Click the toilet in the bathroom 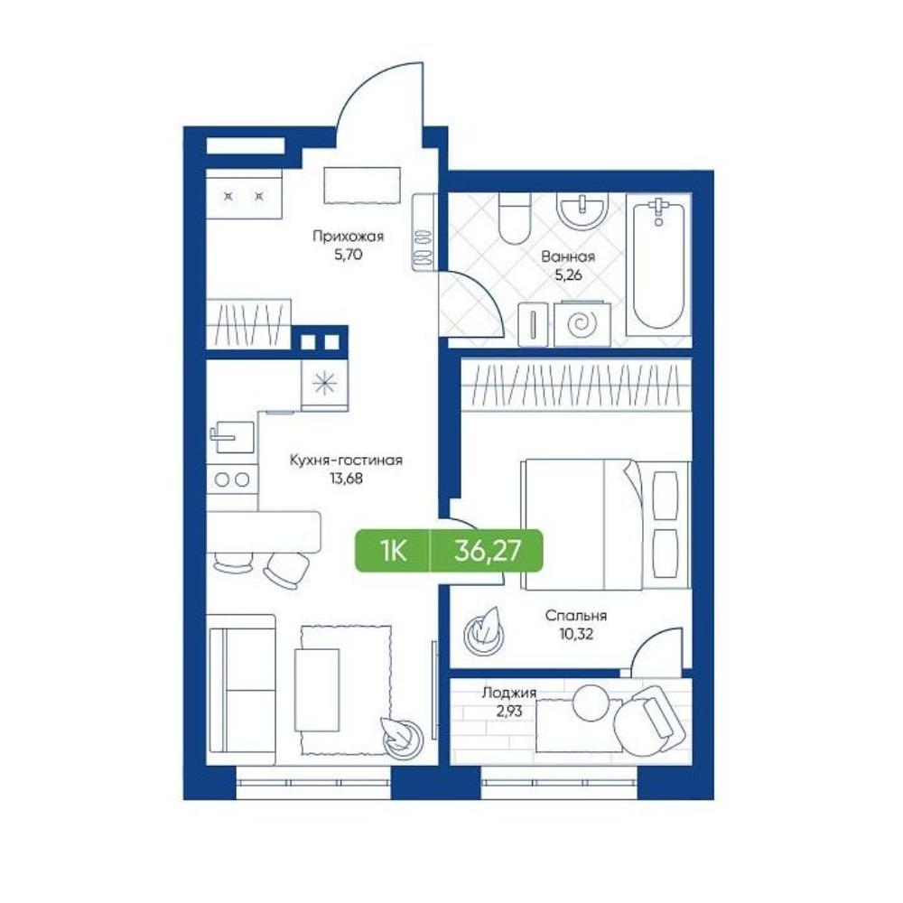pos(514,218)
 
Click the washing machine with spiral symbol pos(582,323)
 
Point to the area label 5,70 pos(348,254)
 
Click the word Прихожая pos(348,236)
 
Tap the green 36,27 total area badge pos(449,551)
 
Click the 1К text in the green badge pos(393,551)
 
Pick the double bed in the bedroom pos(605,524)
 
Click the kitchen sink pos(231,437)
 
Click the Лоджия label pos(509,693)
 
